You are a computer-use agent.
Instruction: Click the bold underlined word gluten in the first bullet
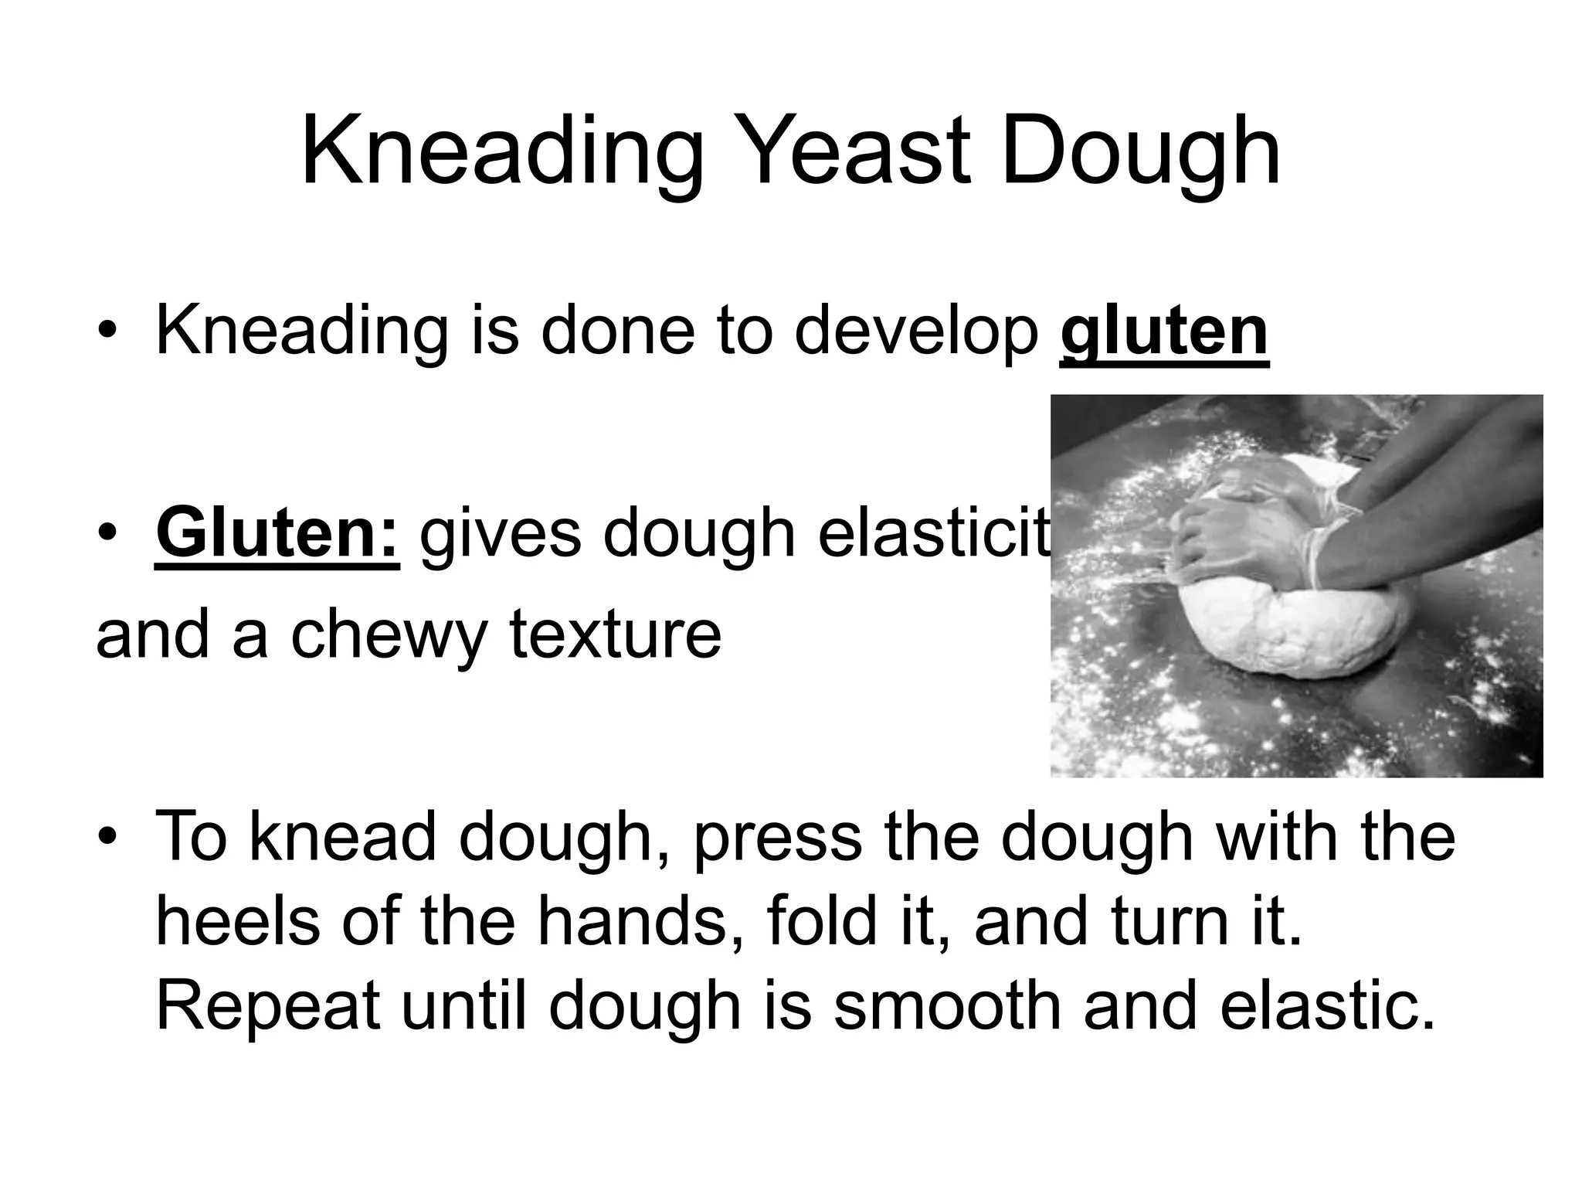pyautogui.click(x=1164, y=331)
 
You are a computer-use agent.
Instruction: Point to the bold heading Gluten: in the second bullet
pyautogui.click(x=277, y=533)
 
